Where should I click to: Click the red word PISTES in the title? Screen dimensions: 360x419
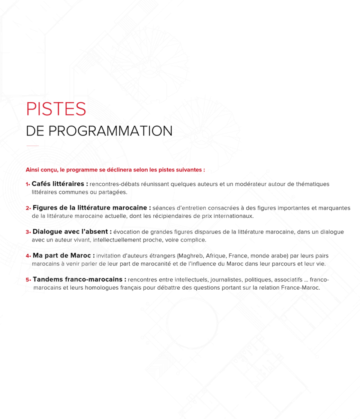click(56, 109)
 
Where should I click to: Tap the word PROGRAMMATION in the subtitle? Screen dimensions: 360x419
click(110, 131)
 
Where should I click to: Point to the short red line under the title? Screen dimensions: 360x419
click(33, 146)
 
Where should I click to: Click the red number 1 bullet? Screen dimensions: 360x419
click(27, 184)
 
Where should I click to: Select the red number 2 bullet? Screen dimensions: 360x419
click(28, 208)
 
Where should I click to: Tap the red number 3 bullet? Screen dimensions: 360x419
click(28, 232)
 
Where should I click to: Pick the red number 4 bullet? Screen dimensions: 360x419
click(28, 256)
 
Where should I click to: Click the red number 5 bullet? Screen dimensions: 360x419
click(28, 280)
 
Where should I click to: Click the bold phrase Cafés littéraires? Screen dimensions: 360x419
click(58, 184)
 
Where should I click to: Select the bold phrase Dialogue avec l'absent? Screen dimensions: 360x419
click(70, 232)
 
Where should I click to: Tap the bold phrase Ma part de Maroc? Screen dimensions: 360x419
click(62, 255)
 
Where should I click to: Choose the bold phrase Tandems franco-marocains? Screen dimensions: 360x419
click(77, 279)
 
